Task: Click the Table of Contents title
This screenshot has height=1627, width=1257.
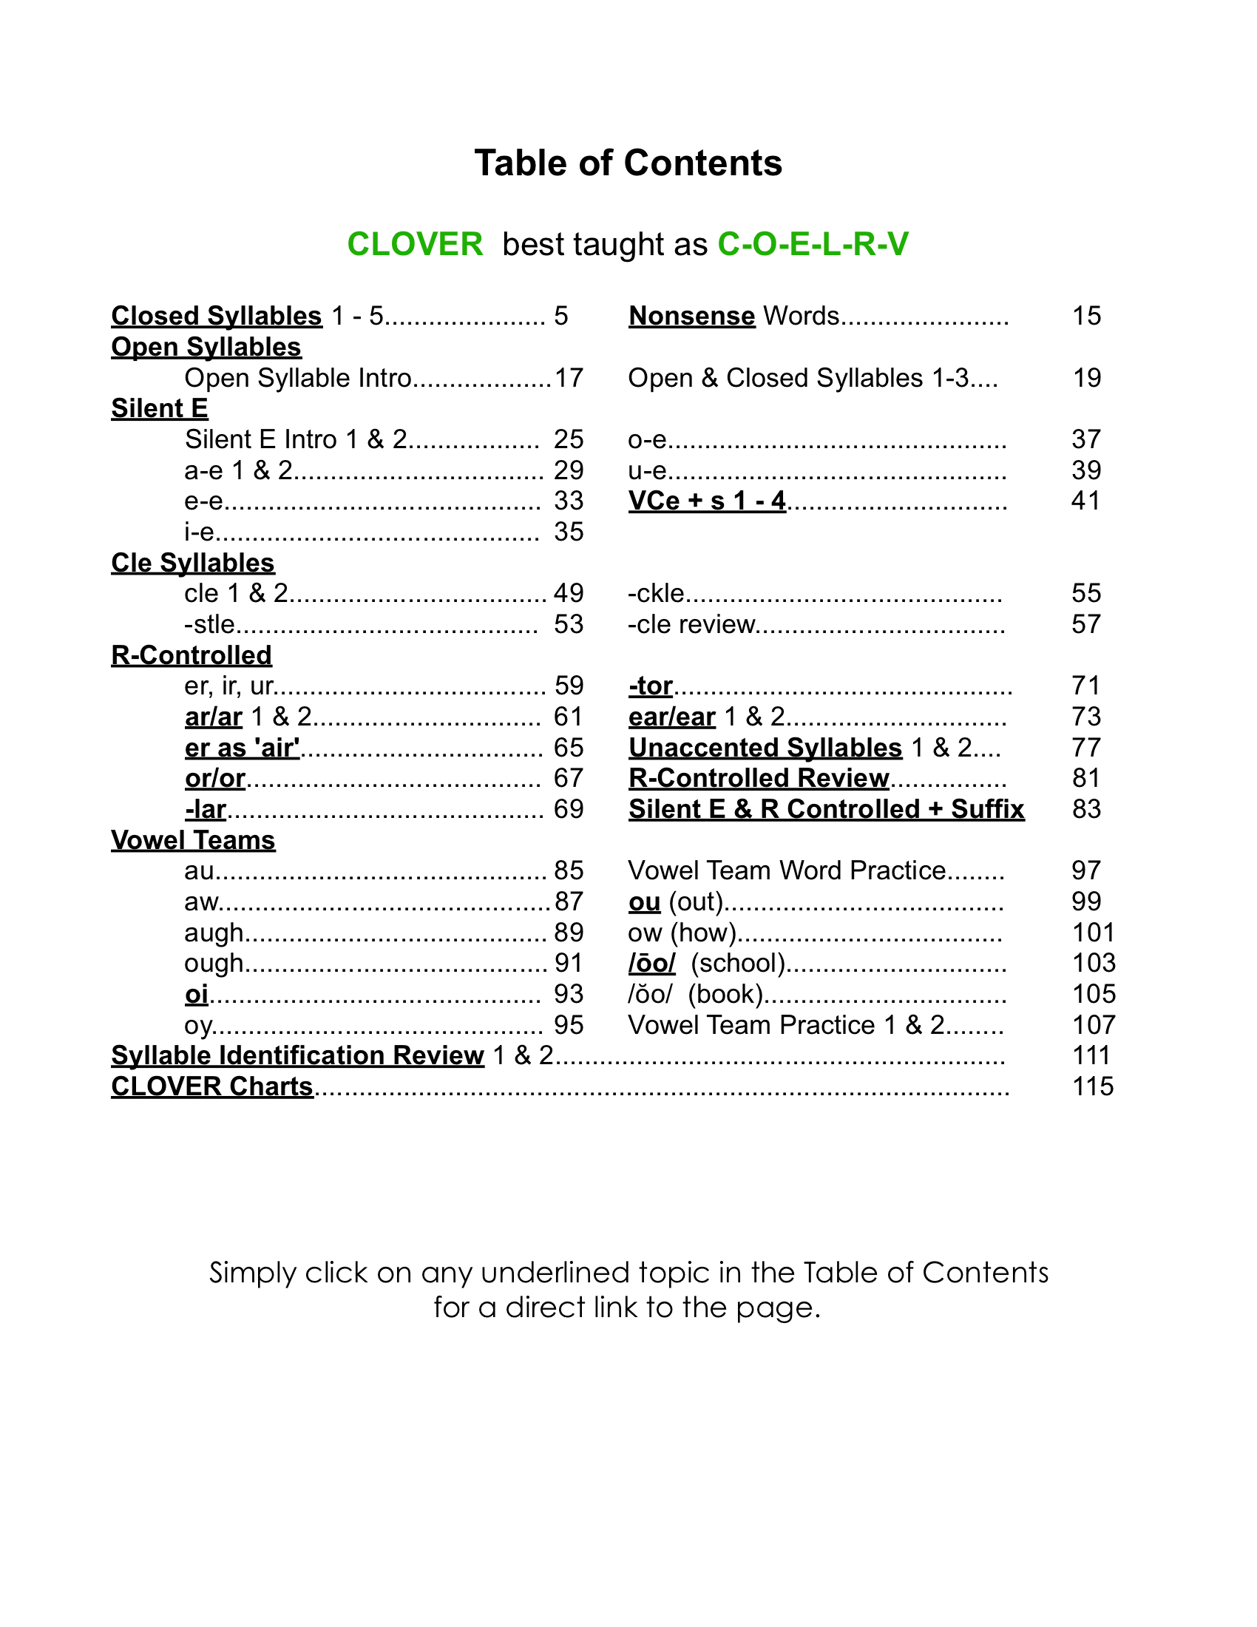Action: [628, 163]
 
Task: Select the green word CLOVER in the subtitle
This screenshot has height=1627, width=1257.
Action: [415, 244]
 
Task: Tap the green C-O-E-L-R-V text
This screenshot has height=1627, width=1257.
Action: [813, 244]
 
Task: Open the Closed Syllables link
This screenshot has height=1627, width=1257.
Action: [216, 316]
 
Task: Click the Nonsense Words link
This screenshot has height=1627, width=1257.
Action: [692, 316]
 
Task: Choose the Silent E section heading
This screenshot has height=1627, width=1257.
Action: [160, 408]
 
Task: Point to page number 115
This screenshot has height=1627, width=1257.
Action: [1092, 1086]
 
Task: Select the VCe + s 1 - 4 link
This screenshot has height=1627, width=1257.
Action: [707, 501]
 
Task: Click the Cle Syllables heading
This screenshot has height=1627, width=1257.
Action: [193, 563]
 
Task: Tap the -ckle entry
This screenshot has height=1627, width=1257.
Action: [656, 593]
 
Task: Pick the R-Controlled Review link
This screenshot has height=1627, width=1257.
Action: [759, 778]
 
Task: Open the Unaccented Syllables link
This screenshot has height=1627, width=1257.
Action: [765, 747]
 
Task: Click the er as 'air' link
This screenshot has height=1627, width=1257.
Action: [242, 747]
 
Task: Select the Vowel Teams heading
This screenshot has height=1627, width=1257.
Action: [193, 839]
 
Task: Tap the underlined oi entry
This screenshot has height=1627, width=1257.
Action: [197, 994]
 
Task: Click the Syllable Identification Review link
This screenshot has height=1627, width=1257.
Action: [297, 1055]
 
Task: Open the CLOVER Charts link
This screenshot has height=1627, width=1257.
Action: [212, 1086]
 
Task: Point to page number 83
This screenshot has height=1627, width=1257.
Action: [1086, 809]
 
